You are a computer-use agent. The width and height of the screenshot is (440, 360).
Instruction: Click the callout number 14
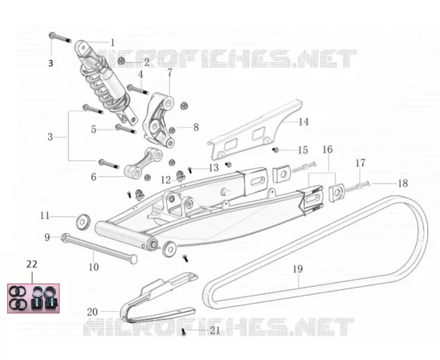tap(303, 122)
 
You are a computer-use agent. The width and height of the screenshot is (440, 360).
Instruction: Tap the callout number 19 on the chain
tap(298, 269)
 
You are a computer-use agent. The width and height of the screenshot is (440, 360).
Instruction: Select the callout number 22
tap(32, 264)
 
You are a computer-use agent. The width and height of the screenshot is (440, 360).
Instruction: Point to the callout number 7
tap(170, 73)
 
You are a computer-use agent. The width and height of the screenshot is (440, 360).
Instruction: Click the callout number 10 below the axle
tap(94, 267)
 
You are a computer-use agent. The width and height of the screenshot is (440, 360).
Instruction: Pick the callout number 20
tap(92, 312)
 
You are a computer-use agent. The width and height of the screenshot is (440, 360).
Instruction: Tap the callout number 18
tap(403, 184)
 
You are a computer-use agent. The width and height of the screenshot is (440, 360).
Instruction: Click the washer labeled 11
tap(83, 221)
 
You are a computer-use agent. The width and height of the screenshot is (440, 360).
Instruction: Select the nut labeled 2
tap(122, 61)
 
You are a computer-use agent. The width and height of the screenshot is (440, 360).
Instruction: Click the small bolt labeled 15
tap(275, 150)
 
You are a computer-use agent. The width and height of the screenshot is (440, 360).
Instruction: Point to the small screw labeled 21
tap(184, 332)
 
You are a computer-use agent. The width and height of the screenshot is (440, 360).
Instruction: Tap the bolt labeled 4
tap(138, 89)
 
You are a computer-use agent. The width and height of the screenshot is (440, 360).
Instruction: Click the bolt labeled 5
tap(126, 129)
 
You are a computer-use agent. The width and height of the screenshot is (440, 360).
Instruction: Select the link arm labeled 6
tap(144, 163)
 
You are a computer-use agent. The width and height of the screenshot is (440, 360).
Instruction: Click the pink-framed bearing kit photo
tap(34, 298)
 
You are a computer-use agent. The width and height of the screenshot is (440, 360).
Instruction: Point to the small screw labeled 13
tap(190, 170)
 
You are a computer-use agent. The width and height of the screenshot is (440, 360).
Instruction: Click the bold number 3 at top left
tap(50, 63)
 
